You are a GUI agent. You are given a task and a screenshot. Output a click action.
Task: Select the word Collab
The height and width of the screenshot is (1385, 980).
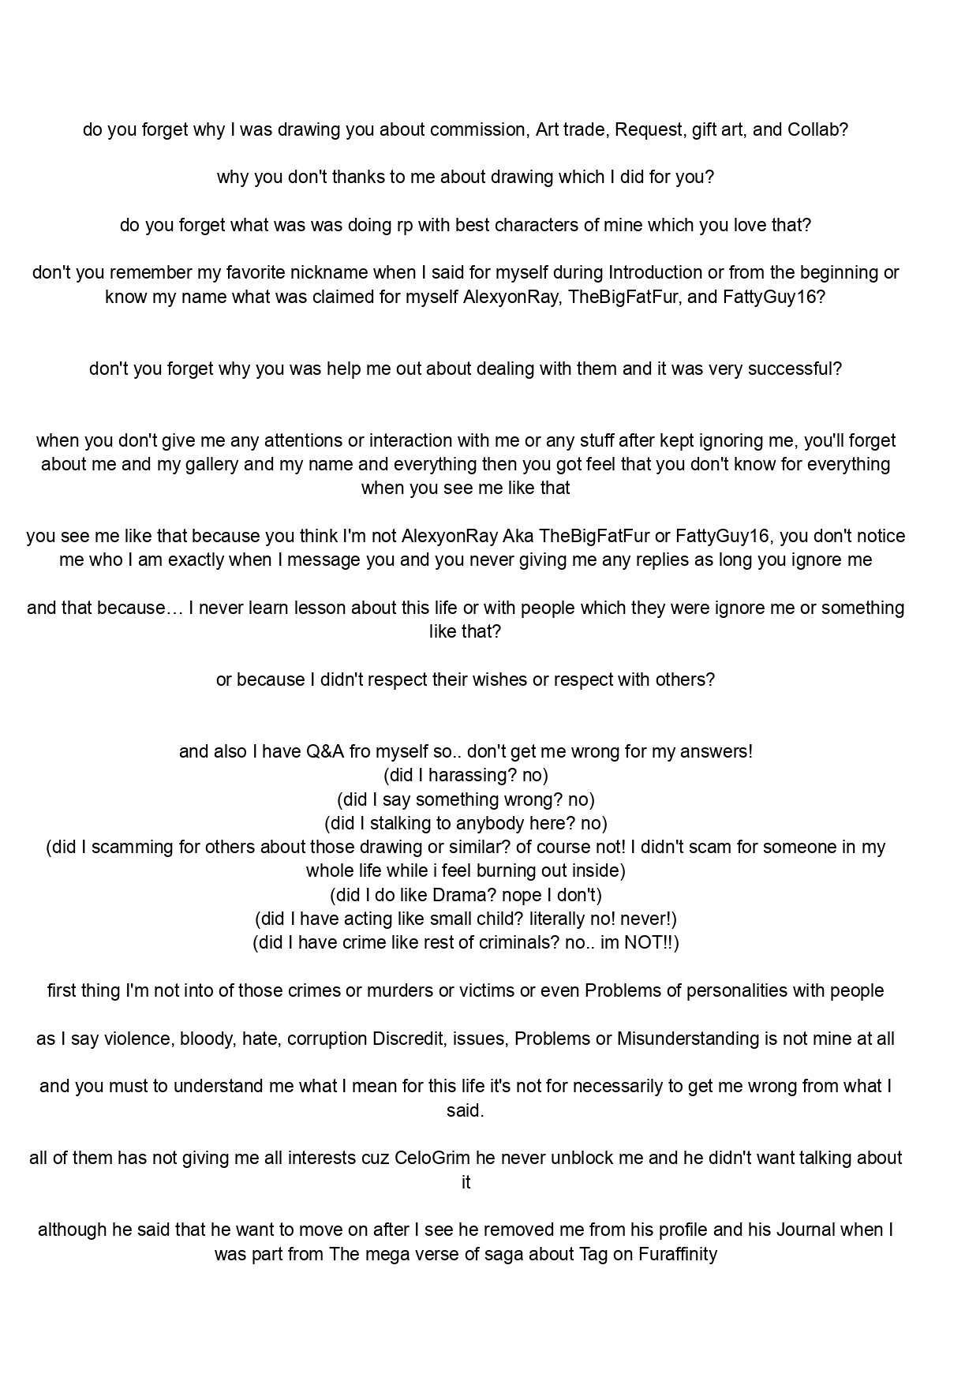pos(817,129)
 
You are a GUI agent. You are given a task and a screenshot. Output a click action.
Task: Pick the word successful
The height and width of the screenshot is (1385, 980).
pos(799,369)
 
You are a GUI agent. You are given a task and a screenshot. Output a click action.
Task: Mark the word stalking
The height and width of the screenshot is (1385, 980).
pos(408,824)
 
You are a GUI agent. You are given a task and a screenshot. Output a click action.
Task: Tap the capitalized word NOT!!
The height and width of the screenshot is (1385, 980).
pos(648,943)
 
